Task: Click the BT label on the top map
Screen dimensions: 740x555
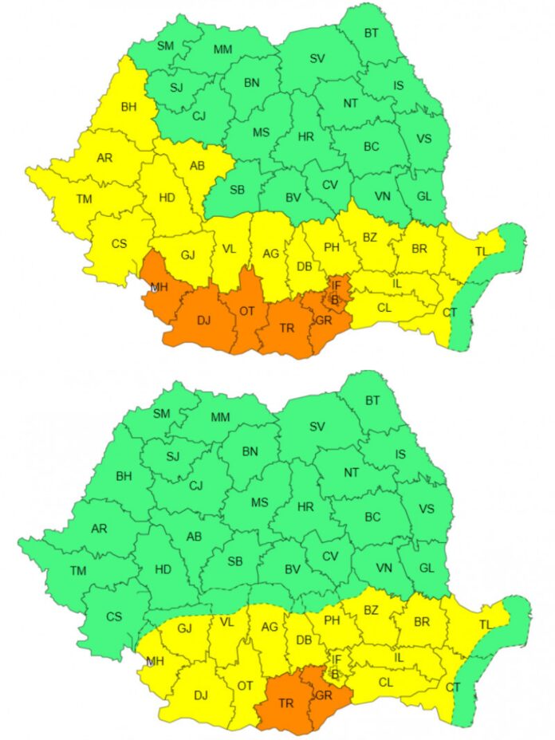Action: click(x=372, y=33)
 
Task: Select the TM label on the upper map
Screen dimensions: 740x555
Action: click(x=85, y=199)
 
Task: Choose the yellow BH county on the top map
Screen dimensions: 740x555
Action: click(x=129, y=107)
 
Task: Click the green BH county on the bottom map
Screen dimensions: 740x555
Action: click(x=124, y=477)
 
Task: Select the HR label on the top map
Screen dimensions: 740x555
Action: click(x=305, y=136)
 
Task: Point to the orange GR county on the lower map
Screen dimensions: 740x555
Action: click(x=322, y=695)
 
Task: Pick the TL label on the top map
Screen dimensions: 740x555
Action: click(x=481, y=251)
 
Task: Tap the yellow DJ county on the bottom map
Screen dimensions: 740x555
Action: click(x=200, y=695)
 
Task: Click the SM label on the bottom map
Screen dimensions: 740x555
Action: click(x=162, y=413)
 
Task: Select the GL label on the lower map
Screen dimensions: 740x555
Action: click(x=427, y=568)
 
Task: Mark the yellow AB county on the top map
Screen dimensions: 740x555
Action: click(x=198, y=166)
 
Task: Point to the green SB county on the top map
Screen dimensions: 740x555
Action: click(x=237, y=189)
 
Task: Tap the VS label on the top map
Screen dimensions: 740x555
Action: click(x=424, y=139)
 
